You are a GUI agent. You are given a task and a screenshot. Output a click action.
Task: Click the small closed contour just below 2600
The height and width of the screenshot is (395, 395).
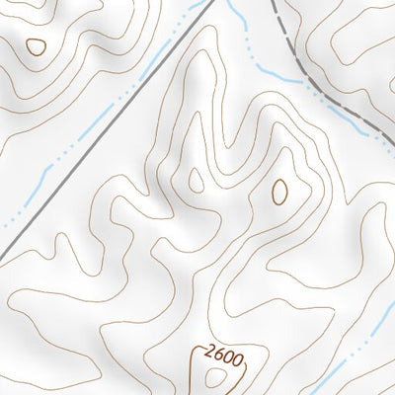click(x=213, y=376)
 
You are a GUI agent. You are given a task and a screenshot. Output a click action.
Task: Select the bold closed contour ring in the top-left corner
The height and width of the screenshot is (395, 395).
click(x=36, y=45)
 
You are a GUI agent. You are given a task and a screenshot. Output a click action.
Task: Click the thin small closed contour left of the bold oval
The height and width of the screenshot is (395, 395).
click(x=196, y=181)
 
